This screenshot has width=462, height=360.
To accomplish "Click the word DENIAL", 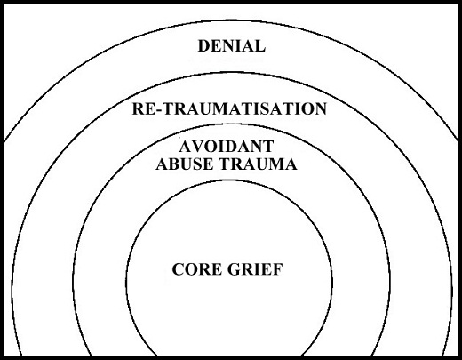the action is (x=231, y=46).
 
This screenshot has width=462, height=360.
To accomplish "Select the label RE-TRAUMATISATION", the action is (x=229, y=108).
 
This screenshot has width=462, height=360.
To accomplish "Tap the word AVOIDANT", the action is (x=227, y=147).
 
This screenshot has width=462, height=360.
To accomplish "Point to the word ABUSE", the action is (x=184, y=164).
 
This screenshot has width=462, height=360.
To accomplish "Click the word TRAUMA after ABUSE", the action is (x=257, y=164).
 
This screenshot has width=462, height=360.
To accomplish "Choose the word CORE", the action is (x=196, y=269).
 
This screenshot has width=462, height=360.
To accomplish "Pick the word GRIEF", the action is (x=255, y=269).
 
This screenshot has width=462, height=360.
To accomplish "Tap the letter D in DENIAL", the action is (x=204, y=46).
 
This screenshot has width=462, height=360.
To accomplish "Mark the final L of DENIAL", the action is (x=259, y=46).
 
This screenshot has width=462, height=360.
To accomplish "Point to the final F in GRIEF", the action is (x=278, y=269).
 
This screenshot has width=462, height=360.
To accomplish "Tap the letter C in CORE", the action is (x=178, y=269).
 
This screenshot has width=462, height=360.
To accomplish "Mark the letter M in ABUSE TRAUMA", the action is (x=277, y=164).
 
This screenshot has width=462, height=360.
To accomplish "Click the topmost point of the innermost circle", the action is (x=229, y=180).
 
